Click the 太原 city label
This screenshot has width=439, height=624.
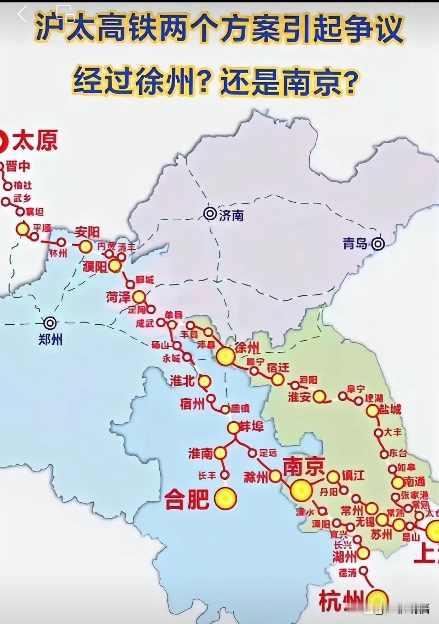(35, 141)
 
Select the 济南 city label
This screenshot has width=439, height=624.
(232, 215)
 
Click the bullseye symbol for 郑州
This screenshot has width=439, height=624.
(50, 323)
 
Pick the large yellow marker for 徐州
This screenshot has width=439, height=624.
(226, 356)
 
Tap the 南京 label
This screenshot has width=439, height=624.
(304, 467)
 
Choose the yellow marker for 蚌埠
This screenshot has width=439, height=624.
(234, 428)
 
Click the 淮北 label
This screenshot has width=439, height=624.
(182, 381)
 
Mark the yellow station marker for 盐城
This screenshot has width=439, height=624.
(372, 411)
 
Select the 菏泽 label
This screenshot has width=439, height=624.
(118, 297)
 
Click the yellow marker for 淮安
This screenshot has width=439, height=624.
(319, 397)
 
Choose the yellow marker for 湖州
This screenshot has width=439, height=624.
(363, 553)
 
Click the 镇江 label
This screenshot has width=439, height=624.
(353, 475)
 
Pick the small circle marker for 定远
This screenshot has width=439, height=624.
(252, 453)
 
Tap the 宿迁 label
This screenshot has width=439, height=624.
(278, 368)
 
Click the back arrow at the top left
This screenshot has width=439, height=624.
(22, 15)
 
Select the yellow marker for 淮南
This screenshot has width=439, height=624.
(220, 453)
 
